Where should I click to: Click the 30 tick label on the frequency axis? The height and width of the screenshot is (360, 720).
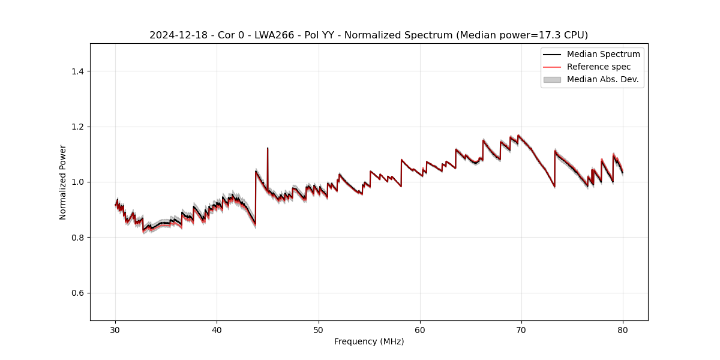pos(116,329)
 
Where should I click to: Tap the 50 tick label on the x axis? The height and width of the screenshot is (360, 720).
pos(319,329)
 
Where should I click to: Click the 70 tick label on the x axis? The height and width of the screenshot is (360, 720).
pos(521,329)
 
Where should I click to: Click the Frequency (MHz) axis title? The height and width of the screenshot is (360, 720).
pos(369,341)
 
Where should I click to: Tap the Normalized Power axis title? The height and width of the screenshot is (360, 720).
pos(63,182)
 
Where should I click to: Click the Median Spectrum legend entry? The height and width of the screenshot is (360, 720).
pos(603,54)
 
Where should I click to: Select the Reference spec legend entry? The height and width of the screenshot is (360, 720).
pos(599,67)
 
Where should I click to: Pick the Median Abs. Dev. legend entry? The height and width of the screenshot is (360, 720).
pos(602,79)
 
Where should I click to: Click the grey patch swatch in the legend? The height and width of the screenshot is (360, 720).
pos(552,79)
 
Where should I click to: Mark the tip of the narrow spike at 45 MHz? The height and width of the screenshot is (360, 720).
pos(268,148)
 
